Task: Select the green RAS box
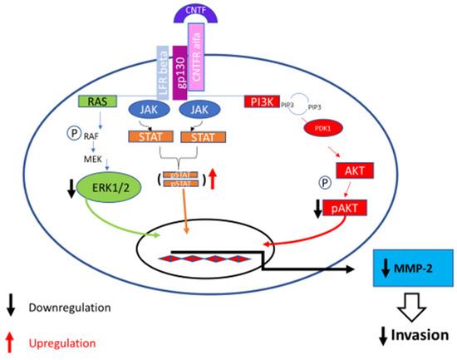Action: tap(98, 102)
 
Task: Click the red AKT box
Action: tap(351, 171)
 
